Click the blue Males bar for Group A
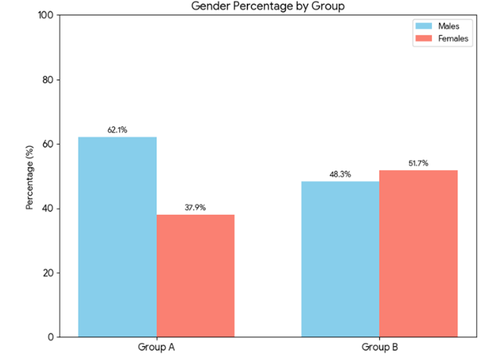[117, 237]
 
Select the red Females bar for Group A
[196, 276]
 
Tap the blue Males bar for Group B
[340, 259]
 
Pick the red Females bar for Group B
[419, 253]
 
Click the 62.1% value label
[117, 130]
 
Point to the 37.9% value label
[196, 208]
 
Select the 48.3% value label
[340, 174]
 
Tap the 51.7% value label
[419, 163]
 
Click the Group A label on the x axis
[156, 347]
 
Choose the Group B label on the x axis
[379, 347]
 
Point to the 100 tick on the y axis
[46, 15]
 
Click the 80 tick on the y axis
[48, 79]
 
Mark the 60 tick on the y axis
[48, 144]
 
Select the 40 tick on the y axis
[48, 208]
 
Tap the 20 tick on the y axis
[48, 273]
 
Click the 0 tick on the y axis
[51, 337]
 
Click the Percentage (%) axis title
[30, 177]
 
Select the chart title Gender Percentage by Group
[268, 6]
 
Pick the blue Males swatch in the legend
[424, 26]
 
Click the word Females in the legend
[453, 38]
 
